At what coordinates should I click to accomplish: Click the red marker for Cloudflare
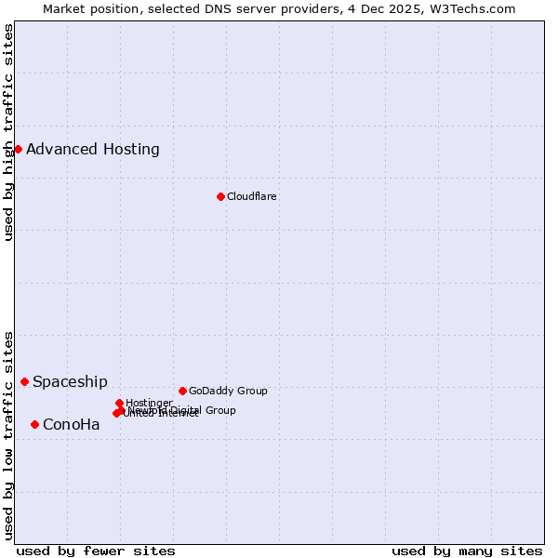point(220,196)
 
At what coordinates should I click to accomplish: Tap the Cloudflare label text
point(252,196)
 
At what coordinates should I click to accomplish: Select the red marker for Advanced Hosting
point(18,149)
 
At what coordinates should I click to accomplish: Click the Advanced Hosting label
point(93,149)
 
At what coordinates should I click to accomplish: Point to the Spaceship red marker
point(25,381)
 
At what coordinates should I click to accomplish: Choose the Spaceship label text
point(70,381)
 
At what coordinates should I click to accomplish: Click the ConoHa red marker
point(34,424)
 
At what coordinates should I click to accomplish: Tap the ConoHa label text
point(72,425)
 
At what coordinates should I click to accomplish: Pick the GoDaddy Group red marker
point(182,391)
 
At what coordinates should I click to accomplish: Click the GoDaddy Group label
point(228,391)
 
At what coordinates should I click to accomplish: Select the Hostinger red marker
point(119,403)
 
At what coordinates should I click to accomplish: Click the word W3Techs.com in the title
point(475,8)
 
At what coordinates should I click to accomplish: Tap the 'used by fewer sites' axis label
point(96,551)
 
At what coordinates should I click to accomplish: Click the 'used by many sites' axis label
point(467,551)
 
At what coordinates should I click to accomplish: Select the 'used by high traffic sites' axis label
point(9,132)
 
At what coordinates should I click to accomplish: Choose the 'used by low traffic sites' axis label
point(9,434)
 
